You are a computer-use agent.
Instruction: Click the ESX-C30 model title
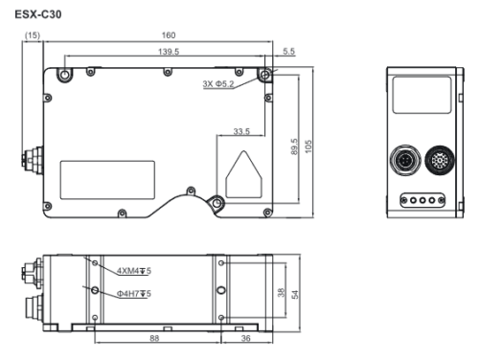coord(38,14)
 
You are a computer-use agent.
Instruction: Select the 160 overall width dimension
coord(169,35)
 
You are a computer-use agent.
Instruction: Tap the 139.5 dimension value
coord(169,52)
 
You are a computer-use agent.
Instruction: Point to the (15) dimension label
coord(33,35)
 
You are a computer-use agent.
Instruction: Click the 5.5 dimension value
coord(288,51)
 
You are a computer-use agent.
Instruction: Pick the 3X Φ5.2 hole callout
coord(218,84)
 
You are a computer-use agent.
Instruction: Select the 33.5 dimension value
coord(241,131)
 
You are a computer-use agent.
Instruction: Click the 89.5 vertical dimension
coord(294,146)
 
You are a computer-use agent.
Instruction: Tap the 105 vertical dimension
coord(308,146)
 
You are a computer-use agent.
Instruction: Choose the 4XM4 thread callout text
coord(134,271)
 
